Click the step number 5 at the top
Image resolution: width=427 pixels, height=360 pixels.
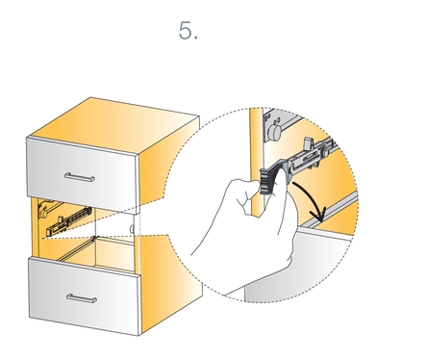click(188, 31)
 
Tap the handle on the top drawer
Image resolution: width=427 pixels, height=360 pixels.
click(79, 177)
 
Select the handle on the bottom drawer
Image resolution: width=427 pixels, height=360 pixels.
click(82, 298)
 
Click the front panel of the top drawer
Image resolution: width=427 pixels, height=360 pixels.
click(83, 173)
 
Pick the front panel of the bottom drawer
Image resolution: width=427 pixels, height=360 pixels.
click(85, 296)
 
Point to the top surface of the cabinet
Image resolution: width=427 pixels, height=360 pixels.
click(113, 125)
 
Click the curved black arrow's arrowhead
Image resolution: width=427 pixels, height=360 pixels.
click(319, 215)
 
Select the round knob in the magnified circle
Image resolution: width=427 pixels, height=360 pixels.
click(275, 131)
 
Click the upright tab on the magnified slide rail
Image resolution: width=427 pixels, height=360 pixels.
click(309, 143)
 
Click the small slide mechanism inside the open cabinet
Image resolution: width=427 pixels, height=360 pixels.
click(69, 220)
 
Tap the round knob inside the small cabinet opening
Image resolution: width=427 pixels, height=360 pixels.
click(42, 213)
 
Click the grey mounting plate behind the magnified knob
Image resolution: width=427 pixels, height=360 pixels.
click(275, 126)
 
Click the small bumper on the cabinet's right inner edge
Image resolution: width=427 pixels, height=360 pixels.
click(132, 229)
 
